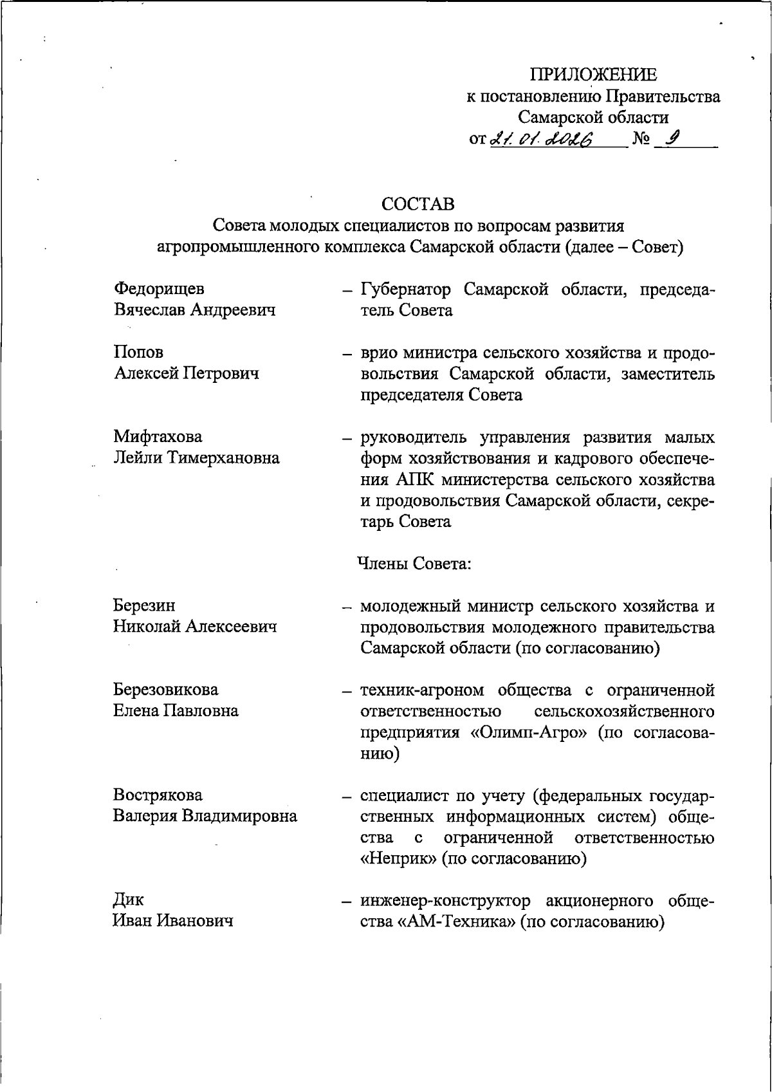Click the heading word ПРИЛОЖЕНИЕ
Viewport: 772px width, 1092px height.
593,75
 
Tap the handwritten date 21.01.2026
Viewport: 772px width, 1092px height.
544,138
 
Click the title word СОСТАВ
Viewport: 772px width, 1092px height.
418,204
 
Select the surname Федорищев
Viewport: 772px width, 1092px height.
159,288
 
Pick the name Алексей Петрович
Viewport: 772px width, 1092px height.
187,373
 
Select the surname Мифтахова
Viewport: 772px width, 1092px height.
158,436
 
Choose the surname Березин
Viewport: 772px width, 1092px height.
144,605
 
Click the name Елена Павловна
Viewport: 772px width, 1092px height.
176,710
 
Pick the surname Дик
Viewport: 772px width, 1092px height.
129,899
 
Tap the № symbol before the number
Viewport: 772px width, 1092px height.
641,138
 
